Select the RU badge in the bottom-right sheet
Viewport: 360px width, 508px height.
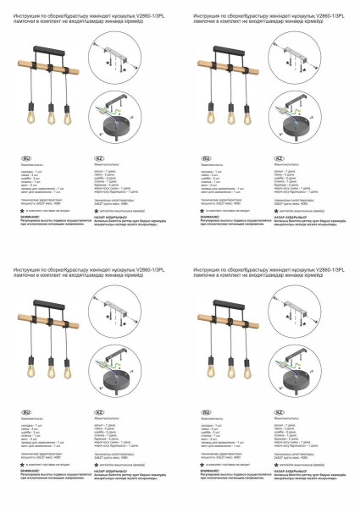[x=206, y=411]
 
